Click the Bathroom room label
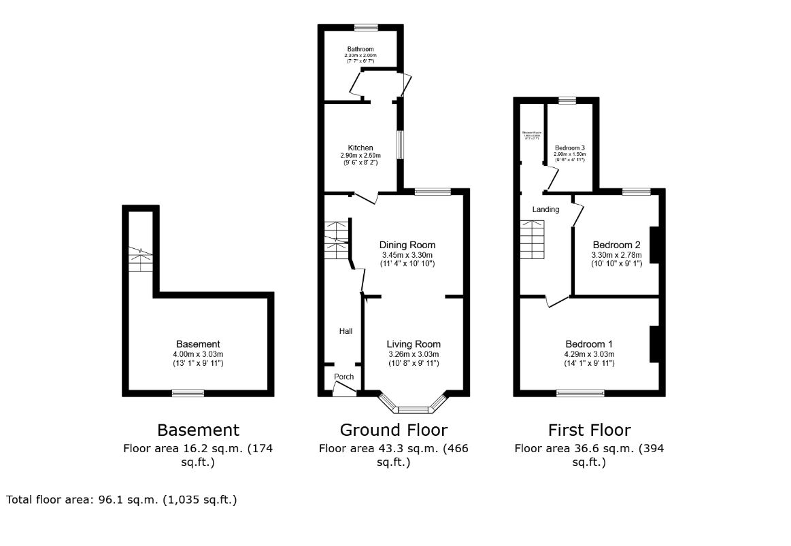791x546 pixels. [x=360, y=50]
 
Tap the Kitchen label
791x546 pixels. [x=360, y=148]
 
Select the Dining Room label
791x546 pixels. [x=407, y=245]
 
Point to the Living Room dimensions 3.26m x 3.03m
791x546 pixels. [x=414, y=354]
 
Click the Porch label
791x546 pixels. [x=343, y=377]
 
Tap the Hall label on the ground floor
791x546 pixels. [x=346, y=331]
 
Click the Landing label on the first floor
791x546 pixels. [x=545, y=209]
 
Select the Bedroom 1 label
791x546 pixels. [x=589, y=344]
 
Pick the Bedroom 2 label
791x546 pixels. [x=616, y=245]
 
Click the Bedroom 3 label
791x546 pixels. [x=569, y=148]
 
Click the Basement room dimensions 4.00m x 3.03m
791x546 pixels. [x=198, y=354]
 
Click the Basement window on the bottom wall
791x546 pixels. [x=188, y=392]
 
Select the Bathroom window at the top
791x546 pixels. [x=366, y=27]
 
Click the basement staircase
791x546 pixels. [x=141, y=258]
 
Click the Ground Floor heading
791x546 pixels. [x=393, y=430]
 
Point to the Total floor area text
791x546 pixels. [x=122, y=500]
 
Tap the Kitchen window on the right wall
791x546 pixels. [x=401, y=144]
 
